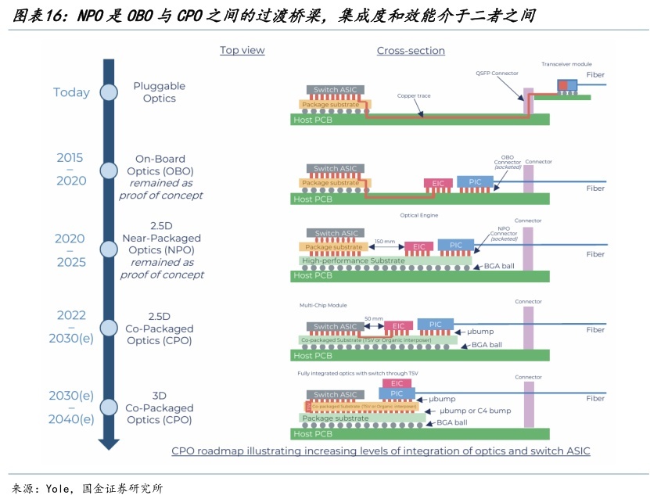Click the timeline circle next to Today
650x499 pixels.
pyautogui.click(x=109, y=92)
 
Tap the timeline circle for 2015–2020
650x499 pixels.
pyautogui.click(x=109, y=170)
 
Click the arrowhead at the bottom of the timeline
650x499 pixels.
pyautogui.click(x=109, y=443)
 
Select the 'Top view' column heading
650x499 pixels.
pyautogui.click(x=242, y=50)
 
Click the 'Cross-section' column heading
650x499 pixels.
pyautogui.click(x=411, y=51)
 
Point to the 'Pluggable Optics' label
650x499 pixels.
pyautogui.click(x=160, y=92)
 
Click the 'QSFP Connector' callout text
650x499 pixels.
pyautogui.click(x=497, y=73)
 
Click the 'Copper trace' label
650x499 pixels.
pyautogui.click(x=414, y=95)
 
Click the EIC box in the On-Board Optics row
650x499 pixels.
pyautogui.click(x=437, y=183)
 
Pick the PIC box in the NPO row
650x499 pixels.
pyautogui.click(x=455, y=245)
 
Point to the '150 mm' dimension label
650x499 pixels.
pyautogui.click(x=384, y=241)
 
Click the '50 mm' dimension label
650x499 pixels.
pyautogui.click(x=373, y=319)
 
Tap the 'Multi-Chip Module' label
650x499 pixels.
pyautogui.click(x=323, y=305)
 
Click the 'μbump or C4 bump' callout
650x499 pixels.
pyautogui.click(x=475, y=411)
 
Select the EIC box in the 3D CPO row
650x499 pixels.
pyautogui.click(x=397, y=383)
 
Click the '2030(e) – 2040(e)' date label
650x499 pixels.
pyautogui.click(x=70, y=407)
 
